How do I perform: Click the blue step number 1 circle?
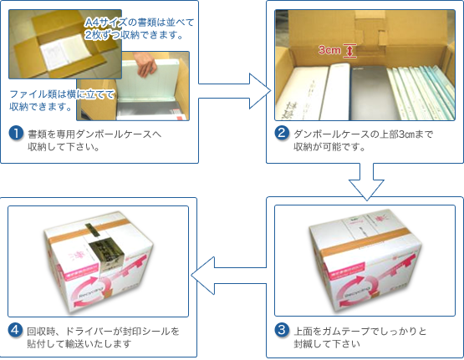pos(16,133)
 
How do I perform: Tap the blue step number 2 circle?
pos(282,133)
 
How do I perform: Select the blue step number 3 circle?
pos(282,330)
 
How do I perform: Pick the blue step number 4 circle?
pos(15,330)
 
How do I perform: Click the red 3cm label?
pos(329,50)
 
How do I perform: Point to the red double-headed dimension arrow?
pos(349,51)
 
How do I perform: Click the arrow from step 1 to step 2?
pos(234,91)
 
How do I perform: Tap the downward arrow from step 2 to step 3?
pos(366,181)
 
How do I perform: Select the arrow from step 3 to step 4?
pos(228,276)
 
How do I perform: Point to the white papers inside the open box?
pos(65,51)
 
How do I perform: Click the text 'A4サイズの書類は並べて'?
pos(139,23)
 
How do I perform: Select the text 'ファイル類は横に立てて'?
pos(62,94)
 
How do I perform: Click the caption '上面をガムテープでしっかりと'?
pos(359,331)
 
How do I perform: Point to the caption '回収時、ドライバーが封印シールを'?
pos(104,331)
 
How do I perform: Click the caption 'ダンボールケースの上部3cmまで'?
pos(364,134)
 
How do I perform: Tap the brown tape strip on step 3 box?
pos(366,241)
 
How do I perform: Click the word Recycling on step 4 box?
pos(91,292)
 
